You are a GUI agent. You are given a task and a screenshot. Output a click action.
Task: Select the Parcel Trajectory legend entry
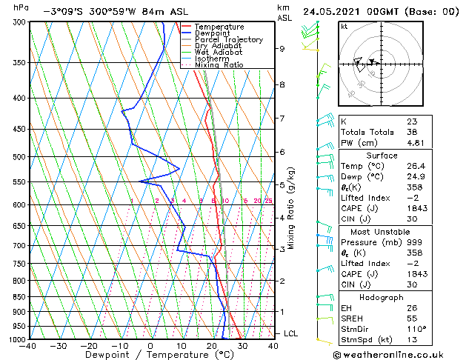(x=228, y=39)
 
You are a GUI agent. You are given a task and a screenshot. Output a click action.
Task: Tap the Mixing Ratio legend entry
(x=219, y=64)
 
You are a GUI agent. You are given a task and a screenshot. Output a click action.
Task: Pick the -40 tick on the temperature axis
(x=28, y=345)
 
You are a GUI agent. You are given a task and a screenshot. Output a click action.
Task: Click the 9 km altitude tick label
(x=282, y=49)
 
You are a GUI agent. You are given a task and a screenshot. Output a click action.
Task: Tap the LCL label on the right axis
(x=290, y=334)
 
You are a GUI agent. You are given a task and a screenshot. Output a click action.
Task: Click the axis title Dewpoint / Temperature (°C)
(x=150, y=354)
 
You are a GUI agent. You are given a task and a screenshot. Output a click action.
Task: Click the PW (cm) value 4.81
(x=414, y=143)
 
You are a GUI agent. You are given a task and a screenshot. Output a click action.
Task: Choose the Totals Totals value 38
(x=411, y=132)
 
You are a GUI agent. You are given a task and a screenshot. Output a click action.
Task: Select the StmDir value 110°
(x=415, y=329)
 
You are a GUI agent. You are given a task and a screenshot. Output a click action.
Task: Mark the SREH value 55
(x=411, y=319)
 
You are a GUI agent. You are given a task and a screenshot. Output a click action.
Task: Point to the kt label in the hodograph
(x=344, y=26)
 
